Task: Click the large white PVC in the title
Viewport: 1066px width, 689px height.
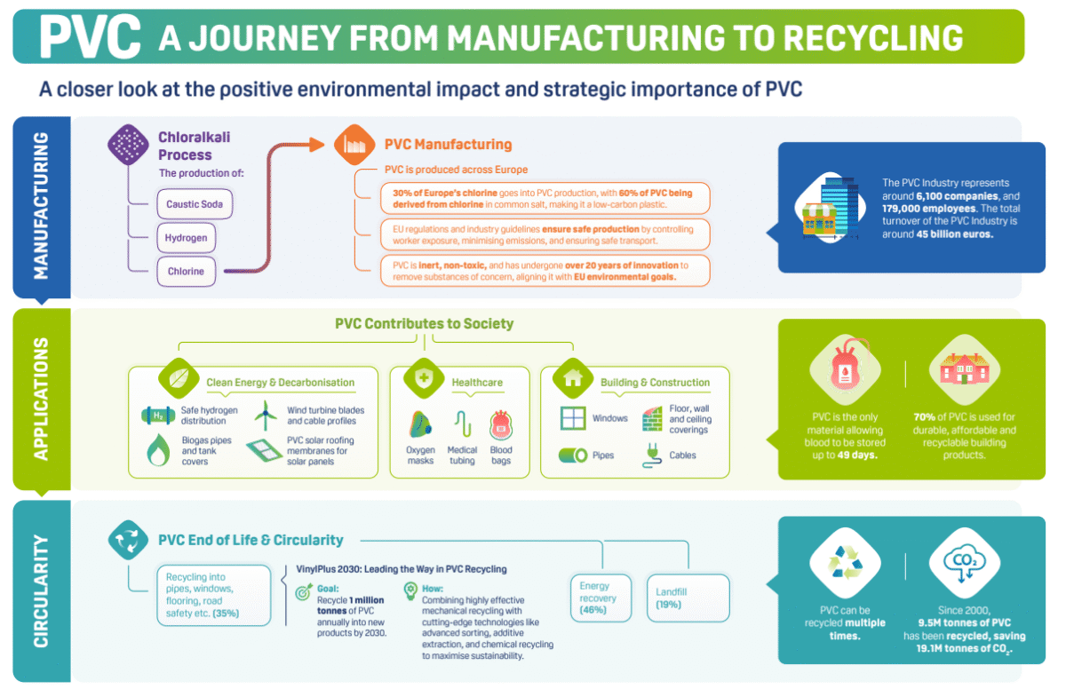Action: (90, 36)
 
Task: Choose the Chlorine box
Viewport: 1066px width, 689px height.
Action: (186, 272)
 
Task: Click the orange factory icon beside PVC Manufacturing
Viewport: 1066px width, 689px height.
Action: (353, 145)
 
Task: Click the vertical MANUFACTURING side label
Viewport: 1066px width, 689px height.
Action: (41, 206)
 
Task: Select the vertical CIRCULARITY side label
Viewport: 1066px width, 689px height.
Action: (41, 590)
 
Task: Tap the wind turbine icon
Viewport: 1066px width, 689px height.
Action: (266, 415)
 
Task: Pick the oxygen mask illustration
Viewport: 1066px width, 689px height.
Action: (420, 426)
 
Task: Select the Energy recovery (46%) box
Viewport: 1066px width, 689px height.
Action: (600, 598)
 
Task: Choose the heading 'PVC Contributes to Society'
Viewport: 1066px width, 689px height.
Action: (424, 324)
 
